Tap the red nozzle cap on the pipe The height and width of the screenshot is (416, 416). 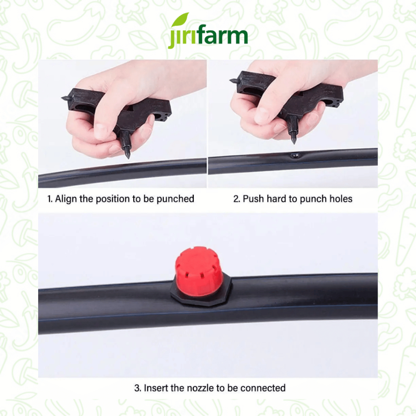[x=199, y=271]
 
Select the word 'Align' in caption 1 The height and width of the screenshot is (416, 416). [x=66, y=199]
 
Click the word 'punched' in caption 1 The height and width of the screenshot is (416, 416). [x=175, y=199]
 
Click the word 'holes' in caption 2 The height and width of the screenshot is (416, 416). [x=341, y=199]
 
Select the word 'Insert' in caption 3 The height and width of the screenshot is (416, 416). [x=156, y=388]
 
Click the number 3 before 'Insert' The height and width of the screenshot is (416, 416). [x=137, y=388]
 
